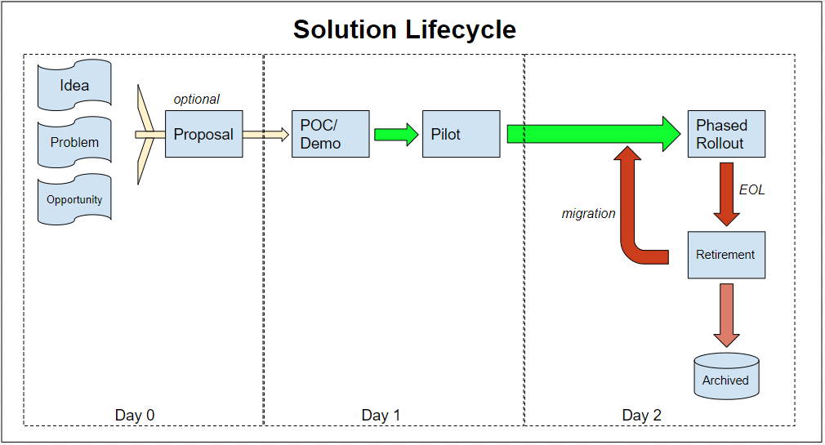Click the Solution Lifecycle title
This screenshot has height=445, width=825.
point(404,29)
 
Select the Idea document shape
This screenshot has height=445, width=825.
point(74,85)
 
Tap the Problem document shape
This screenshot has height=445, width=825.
point(74,142)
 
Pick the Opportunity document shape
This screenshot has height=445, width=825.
point(74,199)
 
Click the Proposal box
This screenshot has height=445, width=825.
point(203,134)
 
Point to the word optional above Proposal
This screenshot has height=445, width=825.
point(196,100)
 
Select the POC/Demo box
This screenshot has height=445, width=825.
point(331,134)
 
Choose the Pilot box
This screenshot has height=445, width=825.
point(461,134)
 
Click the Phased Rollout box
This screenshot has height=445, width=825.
point(726,134)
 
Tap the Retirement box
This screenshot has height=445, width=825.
point(726,255)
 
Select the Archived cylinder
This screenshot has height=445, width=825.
point(726,376)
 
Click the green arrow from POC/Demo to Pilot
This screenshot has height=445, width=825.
point(396,135)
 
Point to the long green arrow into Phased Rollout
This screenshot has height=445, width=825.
point(594,134)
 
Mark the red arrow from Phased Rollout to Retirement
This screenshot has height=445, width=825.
point(727,194)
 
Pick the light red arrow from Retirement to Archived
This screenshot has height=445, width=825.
point(727,315)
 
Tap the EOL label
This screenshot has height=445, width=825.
point(751,190)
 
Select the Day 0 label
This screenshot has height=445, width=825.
point(135,415)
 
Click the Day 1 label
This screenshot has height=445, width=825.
point(381,415)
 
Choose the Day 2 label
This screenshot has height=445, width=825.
point(641,415)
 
